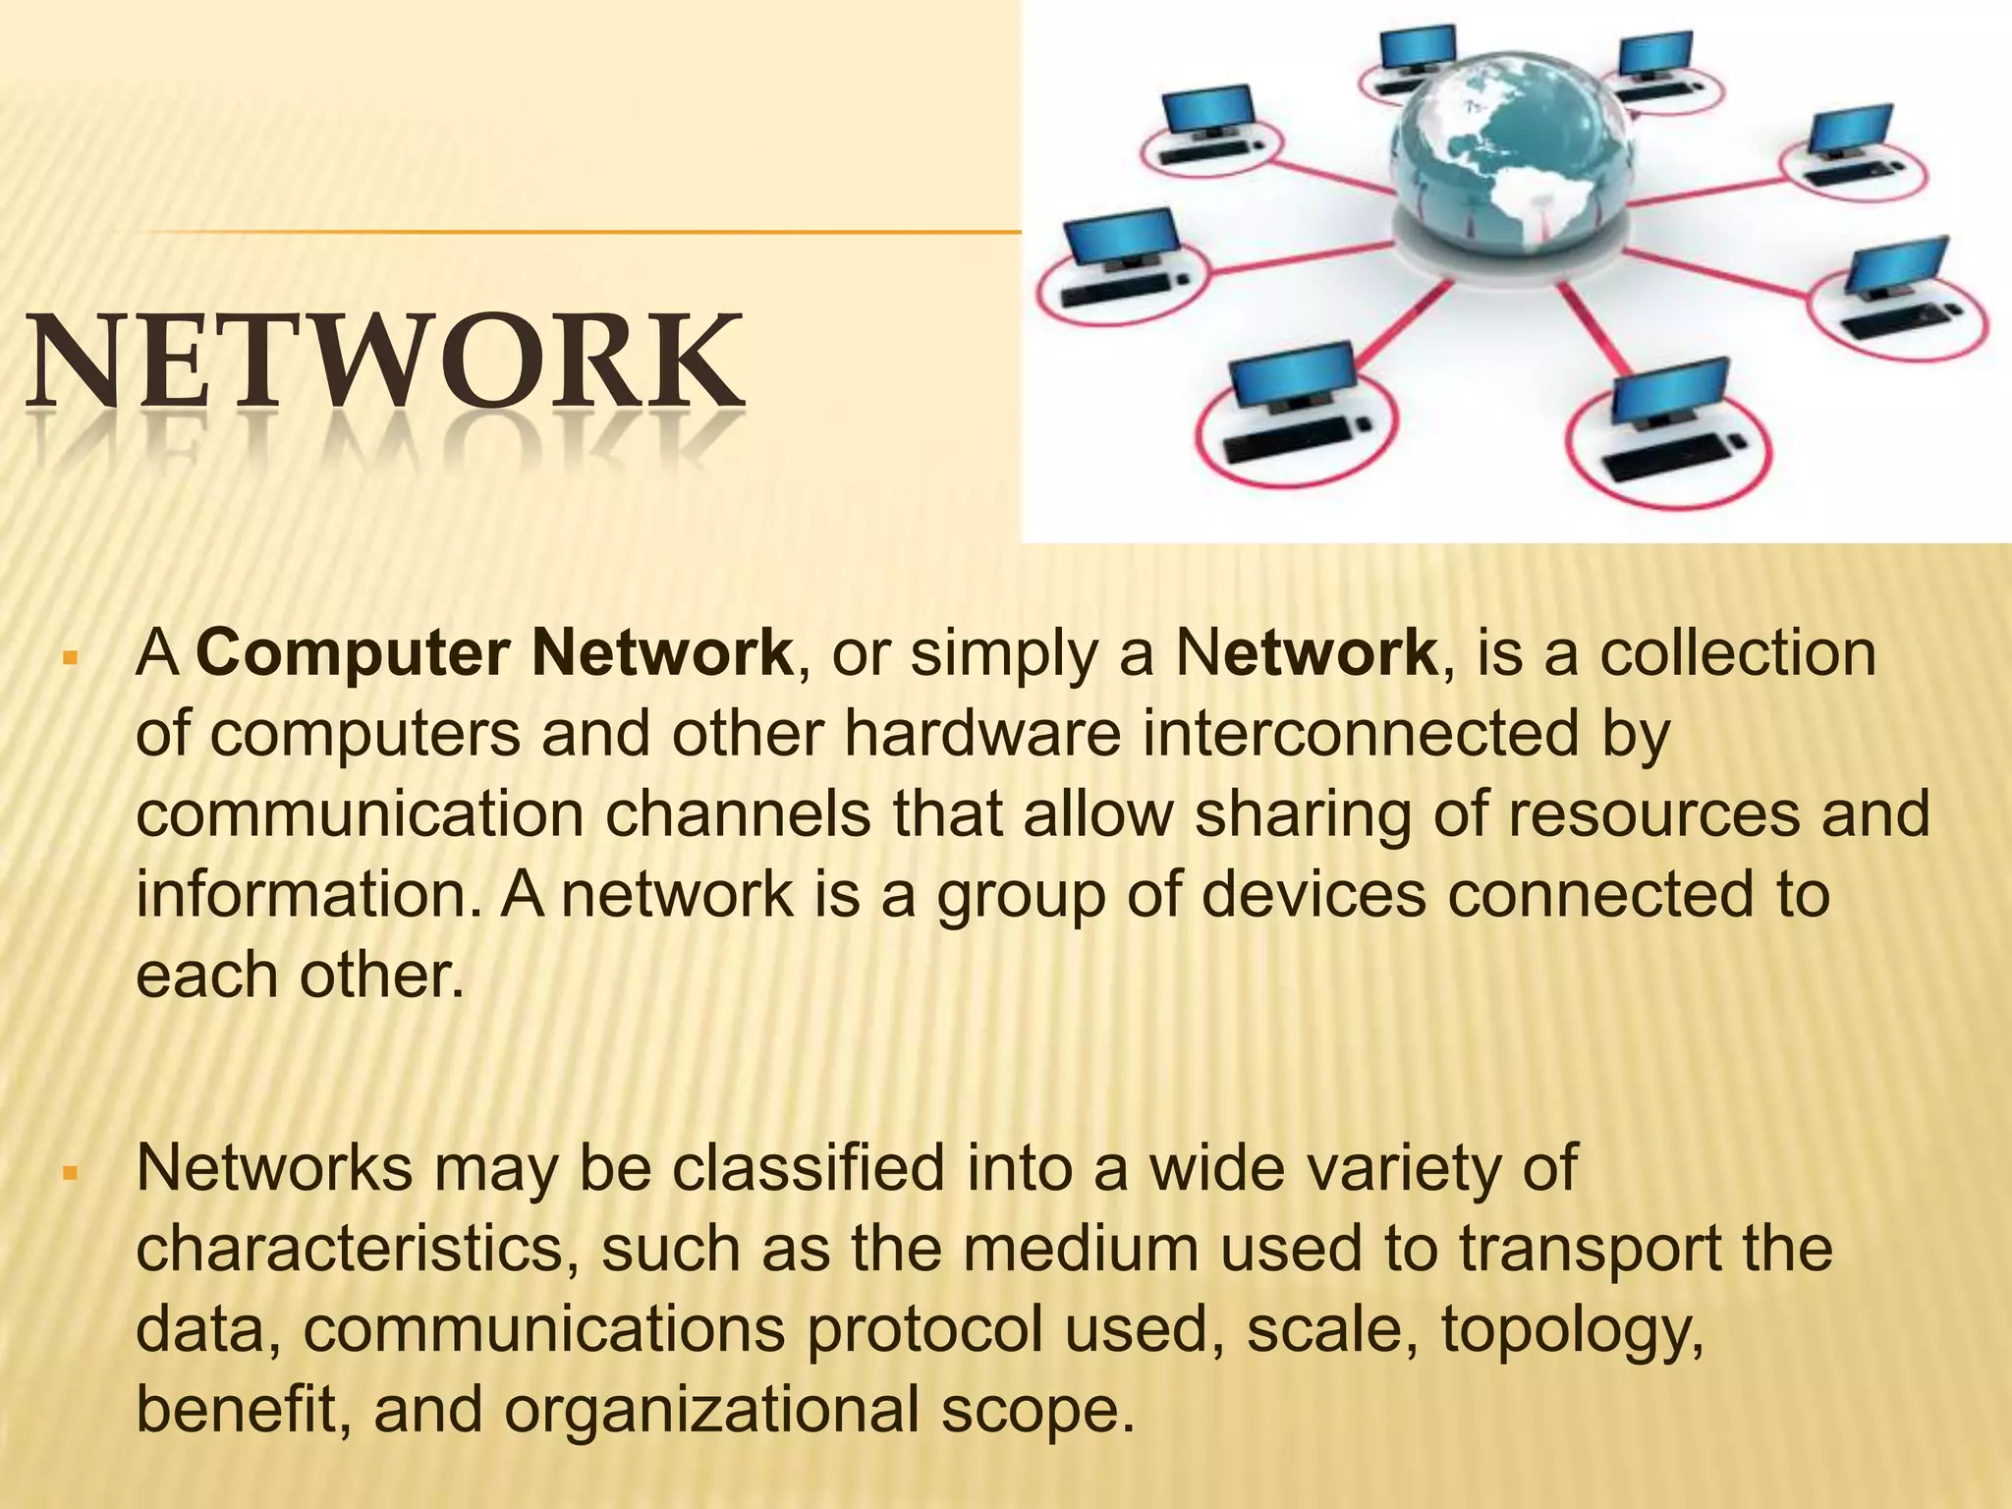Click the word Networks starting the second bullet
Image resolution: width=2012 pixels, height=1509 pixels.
[274, 1168]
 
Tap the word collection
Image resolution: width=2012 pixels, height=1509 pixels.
[1738, 653]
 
